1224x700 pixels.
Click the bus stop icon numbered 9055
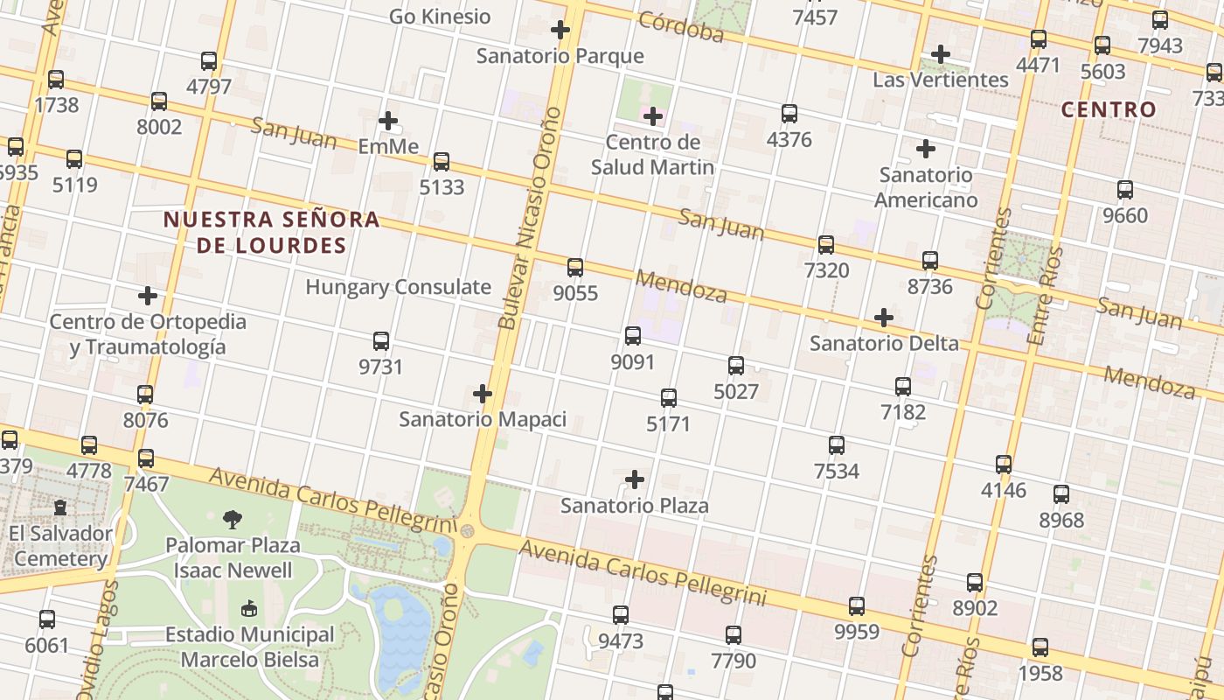tap(575, 268)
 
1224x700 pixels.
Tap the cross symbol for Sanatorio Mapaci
tap(482, 394)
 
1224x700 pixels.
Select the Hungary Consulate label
tap(398, 287)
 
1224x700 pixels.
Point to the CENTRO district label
tap(1108, 110)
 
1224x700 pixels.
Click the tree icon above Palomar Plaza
tap(233, 520)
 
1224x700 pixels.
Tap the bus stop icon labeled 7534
tap(837, 445)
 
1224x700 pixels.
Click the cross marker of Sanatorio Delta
tap(884, 317)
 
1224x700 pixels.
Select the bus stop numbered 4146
tap(1004, 465)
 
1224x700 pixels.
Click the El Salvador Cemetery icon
tap(60, 507)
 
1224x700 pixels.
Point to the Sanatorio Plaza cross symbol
tap(635, 479)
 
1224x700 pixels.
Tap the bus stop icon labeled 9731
tap(381, 341)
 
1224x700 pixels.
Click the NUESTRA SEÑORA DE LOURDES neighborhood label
tap(272, 232)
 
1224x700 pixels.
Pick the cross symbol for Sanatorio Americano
tap(926, 149)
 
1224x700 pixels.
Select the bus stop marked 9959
tap(857, 606)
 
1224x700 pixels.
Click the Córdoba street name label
tap(681, 27)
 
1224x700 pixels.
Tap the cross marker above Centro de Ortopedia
tap(148, 296)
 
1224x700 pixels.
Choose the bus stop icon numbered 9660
tap(1125, 190)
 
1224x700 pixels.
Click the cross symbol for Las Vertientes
tap(941, 54)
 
